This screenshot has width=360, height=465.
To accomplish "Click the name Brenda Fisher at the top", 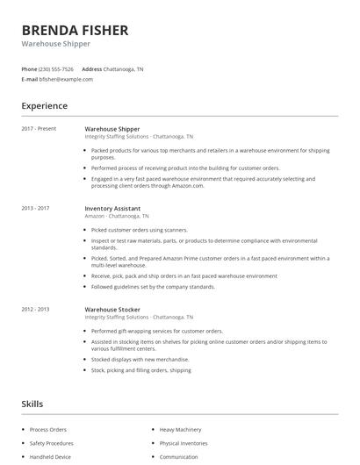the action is tap(75, 31).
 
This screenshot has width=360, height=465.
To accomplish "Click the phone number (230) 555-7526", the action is tap(56, 68).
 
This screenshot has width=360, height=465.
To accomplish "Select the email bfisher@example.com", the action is tap(66, 79).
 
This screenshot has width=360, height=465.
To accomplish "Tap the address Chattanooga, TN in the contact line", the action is tap(124, 68).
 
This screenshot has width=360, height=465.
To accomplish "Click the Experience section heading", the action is tap(45, 106).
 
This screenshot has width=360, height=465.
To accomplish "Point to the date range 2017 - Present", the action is tap(39, 129).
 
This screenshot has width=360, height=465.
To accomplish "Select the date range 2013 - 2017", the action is tap(35, 208).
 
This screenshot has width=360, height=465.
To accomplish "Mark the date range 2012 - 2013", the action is tap(35, 309).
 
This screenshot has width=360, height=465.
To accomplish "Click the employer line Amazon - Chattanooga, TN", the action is tap(117, 216).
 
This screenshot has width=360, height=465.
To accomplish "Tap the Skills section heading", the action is tap(32, 404).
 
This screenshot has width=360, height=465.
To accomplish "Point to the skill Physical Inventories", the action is tap(184, 443).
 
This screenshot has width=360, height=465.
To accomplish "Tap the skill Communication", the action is tap(179, 457).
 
